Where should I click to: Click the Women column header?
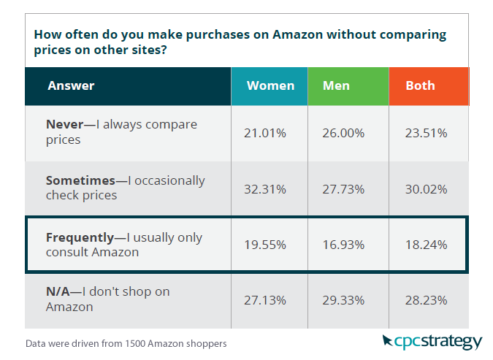[270, 86]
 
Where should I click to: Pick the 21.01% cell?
[264, 133]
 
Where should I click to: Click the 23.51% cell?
[427, 133]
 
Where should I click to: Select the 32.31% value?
[264, 188]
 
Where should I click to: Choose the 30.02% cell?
[427, 188]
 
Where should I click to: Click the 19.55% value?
[264, 245]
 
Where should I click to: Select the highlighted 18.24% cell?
[427, 245]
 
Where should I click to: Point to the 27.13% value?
[264, 299]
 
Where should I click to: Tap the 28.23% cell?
[427, 299]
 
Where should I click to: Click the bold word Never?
[64, 125]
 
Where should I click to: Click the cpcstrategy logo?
[432, 341]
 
